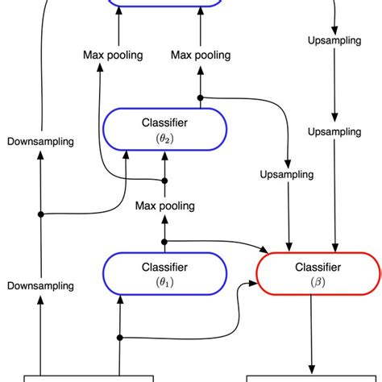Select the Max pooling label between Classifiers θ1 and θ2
[x=165, y=206]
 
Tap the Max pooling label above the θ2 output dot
[x=201, y=55]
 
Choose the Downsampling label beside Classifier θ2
[x=40, y=141]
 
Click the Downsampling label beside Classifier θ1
[x=40, y=285]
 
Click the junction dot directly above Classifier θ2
[x=201, y=98]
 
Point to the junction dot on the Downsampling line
[x=40, y=214]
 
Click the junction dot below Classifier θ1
[x=120, y=337]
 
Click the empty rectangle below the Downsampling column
[x=89, y=377]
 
